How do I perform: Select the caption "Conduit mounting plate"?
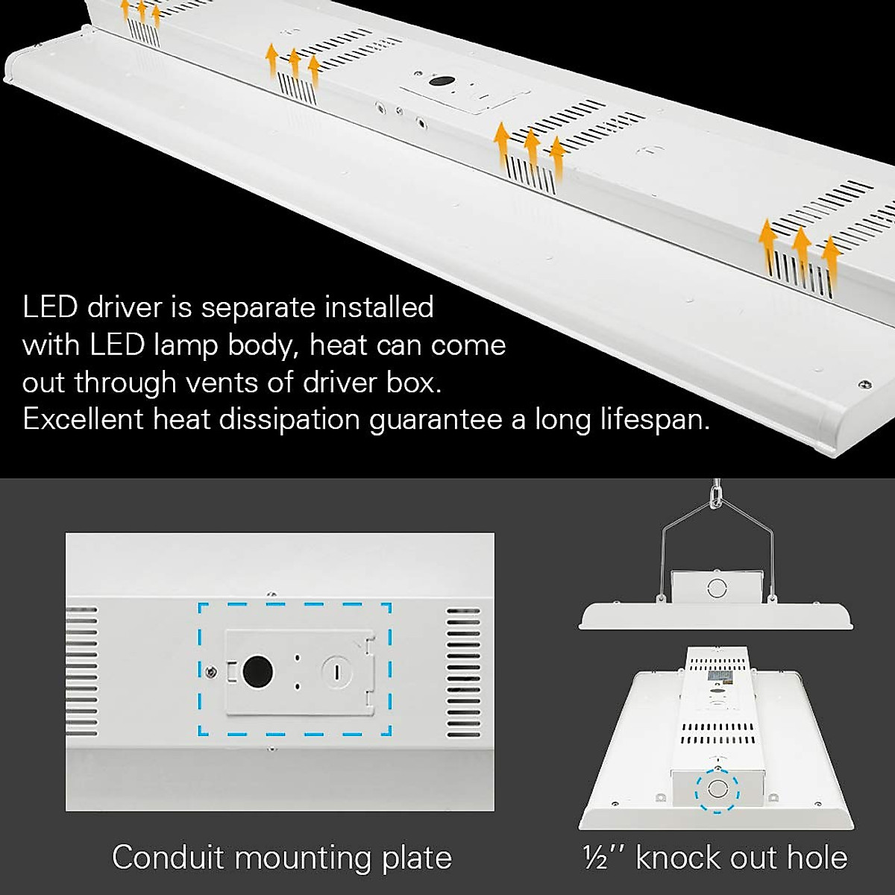click(282, 857)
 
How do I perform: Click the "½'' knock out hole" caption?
click(715, 857)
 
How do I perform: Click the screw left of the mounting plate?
click(213, 672)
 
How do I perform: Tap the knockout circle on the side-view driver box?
click(716, 585)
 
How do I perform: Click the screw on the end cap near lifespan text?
click(864, 385)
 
